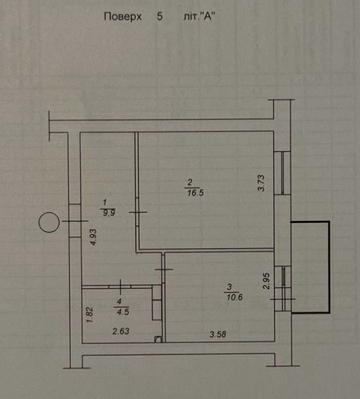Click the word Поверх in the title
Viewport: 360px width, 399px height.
pyautogui.click(x=123, y=17)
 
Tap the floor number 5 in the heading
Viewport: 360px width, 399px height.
pyautogui.click(x=160, y=17)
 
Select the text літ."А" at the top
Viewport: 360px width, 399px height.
pyautogui.click(x=200, y=17)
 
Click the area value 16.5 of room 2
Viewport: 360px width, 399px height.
pyautogui.click(x=195, y=193)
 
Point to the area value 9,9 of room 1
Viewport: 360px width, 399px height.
pyautogui.click(x=109, y=213)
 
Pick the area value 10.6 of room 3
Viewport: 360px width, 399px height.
pyautogui.click(x=235, y=297)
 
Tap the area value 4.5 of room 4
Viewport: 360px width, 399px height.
pyautogui.click(x=123, y=312)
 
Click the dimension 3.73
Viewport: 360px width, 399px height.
pyautogui.click(x=261, y=183)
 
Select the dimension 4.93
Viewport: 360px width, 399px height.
pyautogui.click(x=94, y=237)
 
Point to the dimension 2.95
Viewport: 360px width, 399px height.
pyautogui.click(x=266, y=281)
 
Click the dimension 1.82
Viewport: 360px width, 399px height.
pyautogui.click(x=90, y=315)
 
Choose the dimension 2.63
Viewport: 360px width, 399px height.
pyautogui.click(x=121, y=331)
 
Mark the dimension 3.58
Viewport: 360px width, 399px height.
pyautogui.click(x=218, y=334)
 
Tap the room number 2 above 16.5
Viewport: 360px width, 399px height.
pyautogui.click(x=190, y=182)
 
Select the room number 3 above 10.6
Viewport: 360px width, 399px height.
pyautogui.click(x=229, y=287)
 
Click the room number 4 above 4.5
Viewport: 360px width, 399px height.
pyautogui.click(x=119, y=302)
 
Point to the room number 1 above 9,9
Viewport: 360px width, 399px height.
pyautogui.click(x=104, y=202)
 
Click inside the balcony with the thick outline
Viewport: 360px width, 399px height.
pyautogui.click(x=310, y=267)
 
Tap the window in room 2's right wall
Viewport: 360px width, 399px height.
pyautogui.click(x=283, y=173)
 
